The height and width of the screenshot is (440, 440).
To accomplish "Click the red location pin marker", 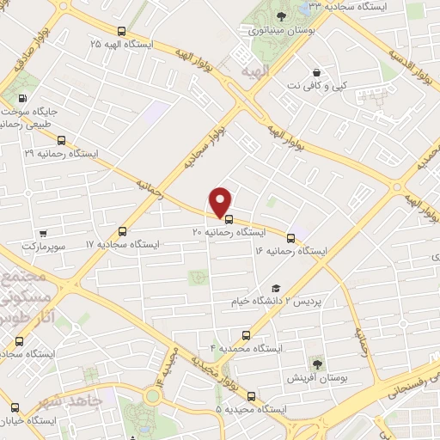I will coord(221,201).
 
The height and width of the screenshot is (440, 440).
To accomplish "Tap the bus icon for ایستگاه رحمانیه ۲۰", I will coord(228,217).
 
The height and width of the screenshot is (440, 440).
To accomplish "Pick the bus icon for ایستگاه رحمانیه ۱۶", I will coord(290,238).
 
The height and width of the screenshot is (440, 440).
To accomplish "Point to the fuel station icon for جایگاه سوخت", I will coord(21,96).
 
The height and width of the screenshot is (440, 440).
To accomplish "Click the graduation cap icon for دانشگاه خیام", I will coord(275,289).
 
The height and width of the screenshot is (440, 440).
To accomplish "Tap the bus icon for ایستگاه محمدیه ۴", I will coord(247,335).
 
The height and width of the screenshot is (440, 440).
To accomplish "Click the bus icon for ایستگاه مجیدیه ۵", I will coord(251,396).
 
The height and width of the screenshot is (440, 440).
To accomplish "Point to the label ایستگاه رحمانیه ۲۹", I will coord(60,152).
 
